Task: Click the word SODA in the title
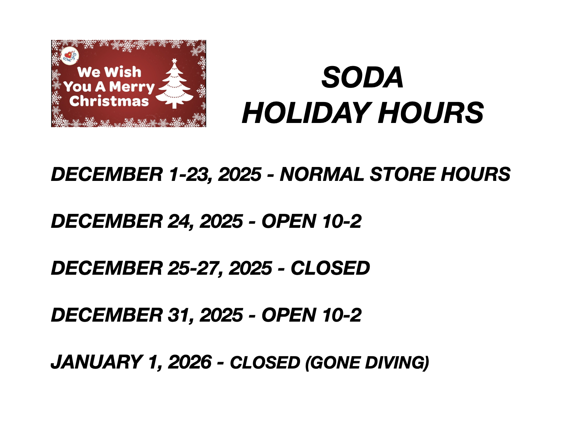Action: tap(362, 77)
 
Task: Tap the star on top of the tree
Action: tap(175, 61)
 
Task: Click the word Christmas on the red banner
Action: tap(109, 101)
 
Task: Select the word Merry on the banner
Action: tap(132, 87)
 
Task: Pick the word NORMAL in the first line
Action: tap(322, 174)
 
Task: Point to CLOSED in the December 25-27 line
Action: tap(330, 268)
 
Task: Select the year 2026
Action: tap(190, 362)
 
